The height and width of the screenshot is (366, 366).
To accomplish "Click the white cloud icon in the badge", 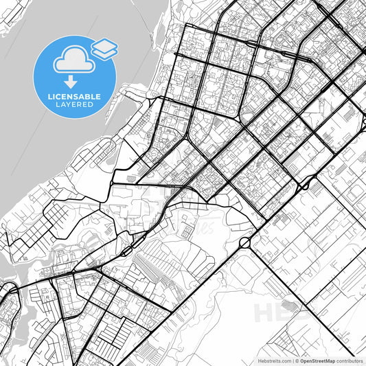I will pyautogui.click(x=72, y=59).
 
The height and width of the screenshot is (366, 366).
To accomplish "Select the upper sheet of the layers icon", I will pyautogui.click(x=104, y=45).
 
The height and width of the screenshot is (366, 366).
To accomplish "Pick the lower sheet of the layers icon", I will pyautogui.click(x=104, y=52).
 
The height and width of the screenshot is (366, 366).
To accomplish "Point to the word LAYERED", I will pyautogui.click(x=76, y=106).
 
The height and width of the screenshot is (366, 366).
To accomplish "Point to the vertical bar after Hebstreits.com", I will pyautogui.click(x=292, y=360).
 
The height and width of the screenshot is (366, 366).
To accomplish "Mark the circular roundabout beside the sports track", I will pyautogui.click(x=244, y=243).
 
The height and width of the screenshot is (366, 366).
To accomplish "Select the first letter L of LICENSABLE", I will pyautogui.click(x=49, y=97).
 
